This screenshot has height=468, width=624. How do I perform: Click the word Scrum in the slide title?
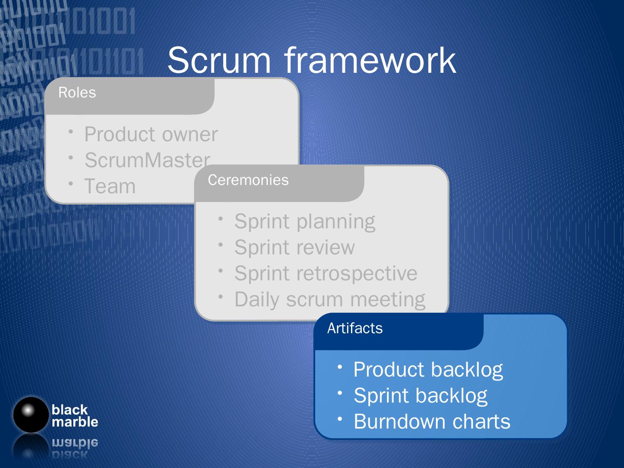pos(219,60)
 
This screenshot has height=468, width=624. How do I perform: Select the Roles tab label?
pos(77,93)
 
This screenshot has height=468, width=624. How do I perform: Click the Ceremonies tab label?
pos(248,180)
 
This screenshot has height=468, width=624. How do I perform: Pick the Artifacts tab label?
pos(355,328)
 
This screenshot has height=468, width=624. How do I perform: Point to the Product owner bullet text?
pos(151,134)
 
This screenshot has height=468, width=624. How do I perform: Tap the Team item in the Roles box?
pos(110,187)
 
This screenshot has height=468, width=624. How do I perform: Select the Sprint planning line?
pos(305,222)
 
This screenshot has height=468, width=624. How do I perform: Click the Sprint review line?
pos(295,248)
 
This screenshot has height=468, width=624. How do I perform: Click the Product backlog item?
pos(428,370)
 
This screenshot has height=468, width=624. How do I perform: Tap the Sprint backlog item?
pos(420,396)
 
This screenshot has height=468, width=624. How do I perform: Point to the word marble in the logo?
pos(75,422)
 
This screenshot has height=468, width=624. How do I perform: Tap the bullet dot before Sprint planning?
pos(221,219)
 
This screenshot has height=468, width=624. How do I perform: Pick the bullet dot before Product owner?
pos(71,131)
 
